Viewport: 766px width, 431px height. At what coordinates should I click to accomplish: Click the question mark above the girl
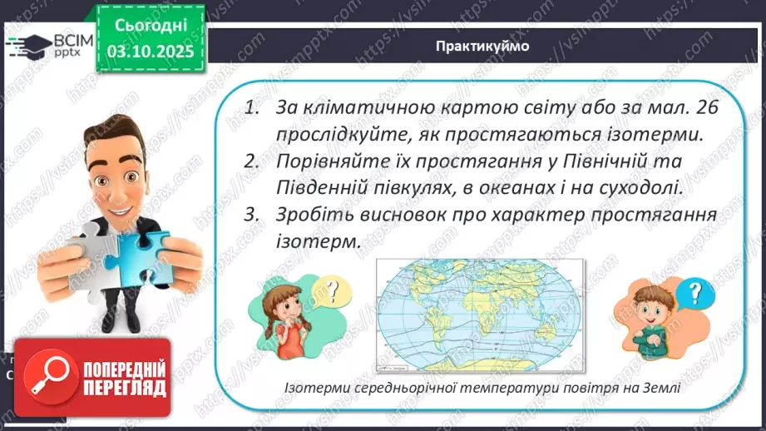[x=333, y=290]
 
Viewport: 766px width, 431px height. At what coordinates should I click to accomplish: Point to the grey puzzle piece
[x=92, y=257]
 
